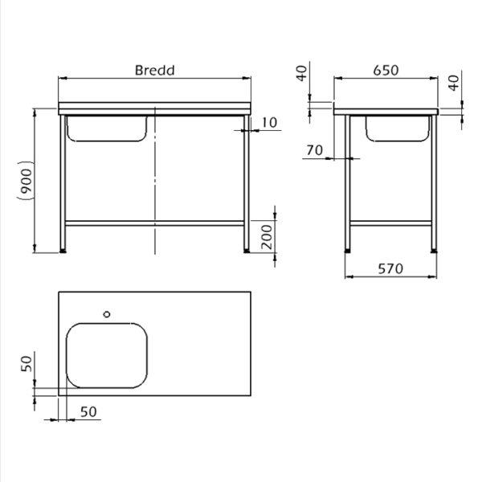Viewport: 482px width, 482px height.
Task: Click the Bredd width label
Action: pyautogui.click(x=154, y=71)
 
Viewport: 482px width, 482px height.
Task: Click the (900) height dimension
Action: pyautogui.click(x=25, y=181)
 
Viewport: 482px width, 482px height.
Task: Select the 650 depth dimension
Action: pyautogui.click(x=386, y=71)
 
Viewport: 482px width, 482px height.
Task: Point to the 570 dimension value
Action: pyautogui.click(x=390, y=269)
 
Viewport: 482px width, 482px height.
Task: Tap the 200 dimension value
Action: pyautogui.click(x=267, y=237)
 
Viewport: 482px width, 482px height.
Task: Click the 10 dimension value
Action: pyautogui.click(x=269, y=123)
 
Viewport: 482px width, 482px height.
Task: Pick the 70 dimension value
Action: pyautogui.click(x=315, y=150)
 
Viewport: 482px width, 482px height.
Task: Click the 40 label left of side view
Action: pyautogui.click(x=302, y=73)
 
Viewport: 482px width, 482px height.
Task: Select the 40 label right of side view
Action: pyautogui.click(x=454, y=83)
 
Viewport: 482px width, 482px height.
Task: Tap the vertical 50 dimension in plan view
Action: pyautogui.click(x=27, y=364)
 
